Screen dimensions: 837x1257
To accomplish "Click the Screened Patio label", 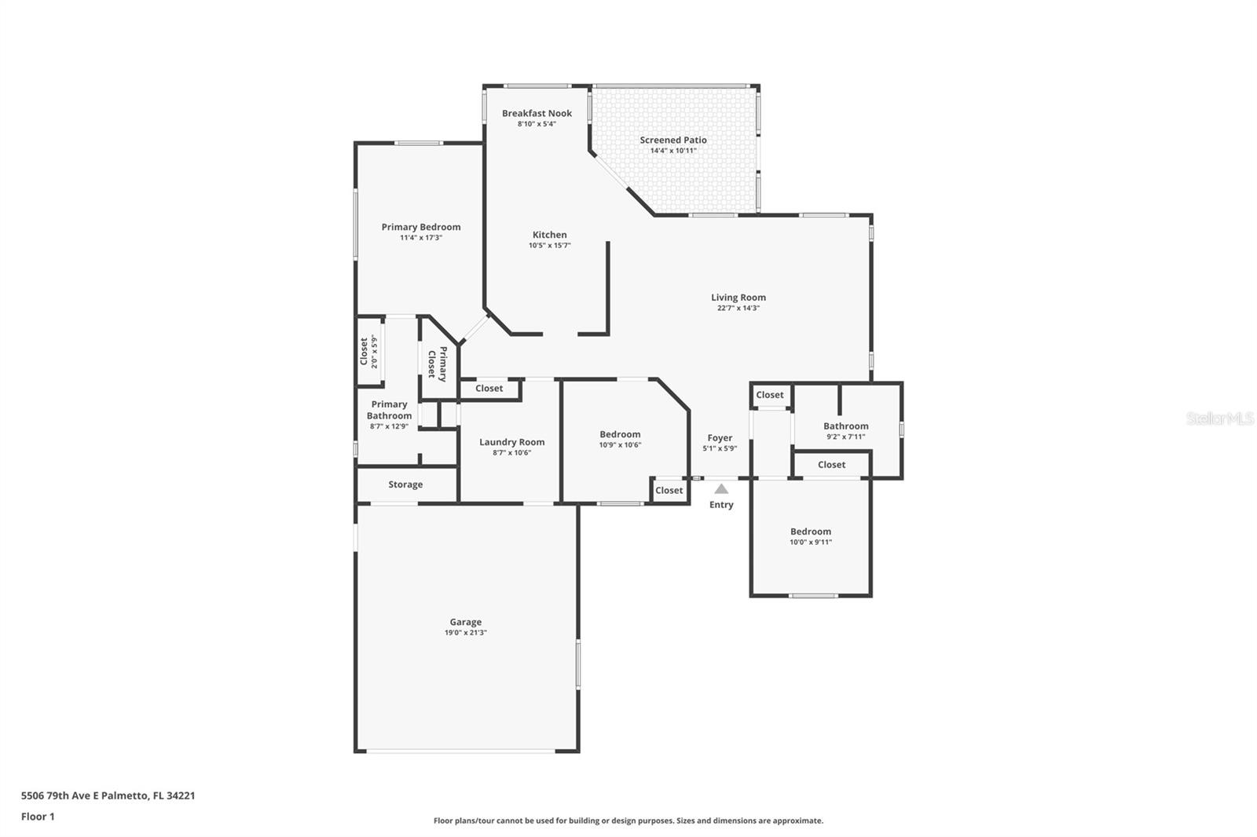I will click(672, 141).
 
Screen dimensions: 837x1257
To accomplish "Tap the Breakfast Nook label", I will click(537, 114).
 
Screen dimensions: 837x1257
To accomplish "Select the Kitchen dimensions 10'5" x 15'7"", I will click(549, 246).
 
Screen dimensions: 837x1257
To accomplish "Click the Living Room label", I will click(738, 298).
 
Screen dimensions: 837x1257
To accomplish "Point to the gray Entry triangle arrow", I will click(721, 489).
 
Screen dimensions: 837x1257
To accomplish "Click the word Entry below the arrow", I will click(721, 505).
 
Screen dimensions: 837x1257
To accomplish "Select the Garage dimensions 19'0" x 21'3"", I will click(465, 633).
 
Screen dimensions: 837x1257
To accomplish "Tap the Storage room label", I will click(405, 484).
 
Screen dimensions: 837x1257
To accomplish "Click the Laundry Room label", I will click(511, 442).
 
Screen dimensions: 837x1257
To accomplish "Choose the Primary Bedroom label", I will click(421, 227).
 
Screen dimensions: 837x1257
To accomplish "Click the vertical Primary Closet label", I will click(437, 364).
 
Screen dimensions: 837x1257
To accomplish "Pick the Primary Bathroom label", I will click(389, 410).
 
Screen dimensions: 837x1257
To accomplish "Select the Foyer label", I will click(720, 438).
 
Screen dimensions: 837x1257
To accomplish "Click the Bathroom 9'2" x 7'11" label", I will click(845, 426).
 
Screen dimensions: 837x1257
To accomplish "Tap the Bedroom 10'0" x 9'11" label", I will click(810, 532).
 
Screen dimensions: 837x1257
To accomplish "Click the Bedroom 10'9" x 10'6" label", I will click(620, 434).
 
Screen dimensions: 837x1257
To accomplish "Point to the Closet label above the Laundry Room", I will click(489, 389).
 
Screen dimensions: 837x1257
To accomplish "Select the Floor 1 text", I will click(38, 817).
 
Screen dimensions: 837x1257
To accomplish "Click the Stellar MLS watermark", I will click(1219, 419).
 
